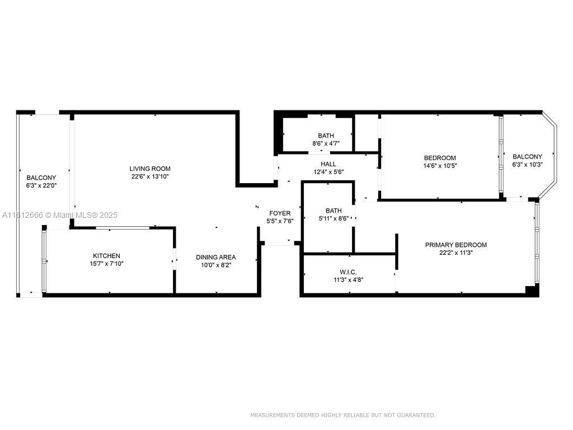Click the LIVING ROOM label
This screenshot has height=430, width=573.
(150, 169)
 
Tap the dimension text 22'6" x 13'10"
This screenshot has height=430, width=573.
(150, 176)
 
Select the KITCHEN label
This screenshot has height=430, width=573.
(106, 256)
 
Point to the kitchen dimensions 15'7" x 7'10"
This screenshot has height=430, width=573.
(106, 264)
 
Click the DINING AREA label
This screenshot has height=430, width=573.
(215, 257)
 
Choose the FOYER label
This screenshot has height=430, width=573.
(280, 213)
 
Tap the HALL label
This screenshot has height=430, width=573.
(328, 164)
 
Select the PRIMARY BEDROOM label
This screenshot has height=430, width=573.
(455, 245)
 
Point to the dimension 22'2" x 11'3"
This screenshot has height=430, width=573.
(455, 253)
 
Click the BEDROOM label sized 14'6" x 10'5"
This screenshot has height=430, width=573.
(439, 158)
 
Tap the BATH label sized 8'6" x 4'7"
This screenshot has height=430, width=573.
(326, 135)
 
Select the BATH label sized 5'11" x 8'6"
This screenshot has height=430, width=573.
(334, 211)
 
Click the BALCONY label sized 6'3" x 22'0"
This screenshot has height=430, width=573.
(41, 177)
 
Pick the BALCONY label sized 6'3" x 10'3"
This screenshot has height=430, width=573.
(527, 157)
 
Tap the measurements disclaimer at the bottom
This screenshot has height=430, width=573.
(342, 415)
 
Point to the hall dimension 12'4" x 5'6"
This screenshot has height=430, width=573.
(328, 172)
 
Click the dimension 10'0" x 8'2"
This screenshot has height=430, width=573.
(215, 265)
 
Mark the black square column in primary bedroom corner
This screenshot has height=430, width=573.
(532, 290)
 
